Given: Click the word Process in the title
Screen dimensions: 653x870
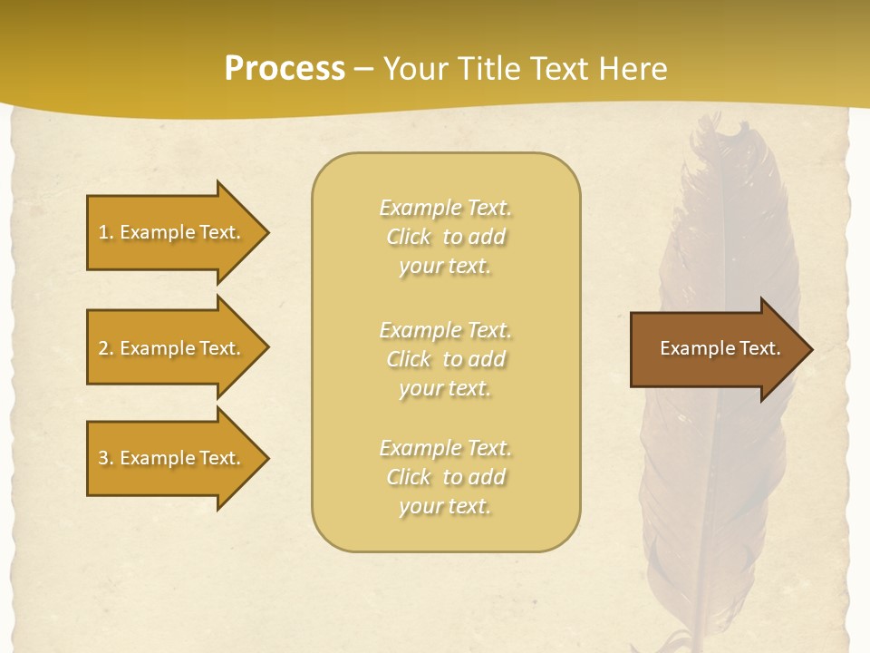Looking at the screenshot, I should (x=285, y=69).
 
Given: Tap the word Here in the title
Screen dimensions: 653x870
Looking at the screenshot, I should (x=631, y=69).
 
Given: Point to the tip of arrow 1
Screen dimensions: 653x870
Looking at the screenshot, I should (x=267, y=232).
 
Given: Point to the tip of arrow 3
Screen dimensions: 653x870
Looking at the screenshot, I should (x=267, y=458).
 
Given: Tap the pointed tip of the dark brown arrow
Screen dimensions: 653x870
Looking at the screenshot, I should (x=811, y=348).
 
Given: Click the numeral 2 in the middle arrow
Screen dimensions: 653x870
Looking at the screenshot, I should (x=103, y=348).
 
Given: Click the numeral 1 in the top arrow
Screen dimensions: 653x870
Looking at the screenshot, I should (x=103, y=232).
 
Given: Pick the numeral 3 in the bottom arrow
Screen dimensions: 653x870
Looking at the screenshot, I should (x=103, y=458).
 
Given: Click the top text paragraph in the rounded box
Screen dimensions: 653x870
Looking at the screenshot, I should (x=446, y=237).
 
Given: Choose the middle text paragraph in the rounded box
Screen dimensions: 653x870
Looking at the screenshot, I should (x=446, y=359).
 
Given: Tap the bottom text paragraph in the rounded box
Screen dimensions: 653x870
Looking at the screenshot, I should (x=446, y=477).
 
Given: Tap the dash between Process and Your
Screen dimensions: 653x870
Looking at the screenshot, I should (x=363, y=70).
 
